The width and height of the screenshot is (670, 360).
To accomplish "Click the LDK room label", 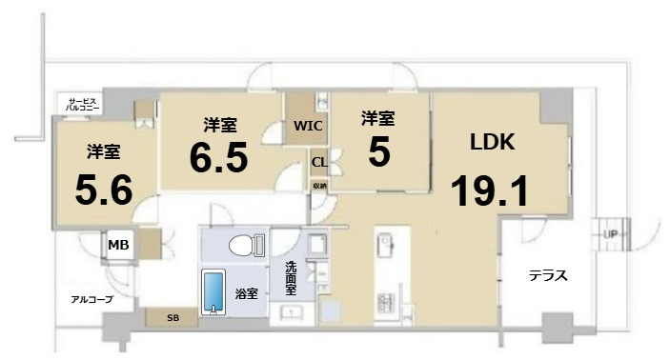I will (493, 144).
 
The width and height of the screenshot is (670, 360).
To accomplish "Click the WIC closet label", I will (308, 125).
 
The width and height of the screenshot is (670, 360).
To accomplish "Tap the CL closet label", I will (319, 161).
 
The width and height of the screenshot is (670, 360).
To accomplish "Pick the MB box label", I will (118, 246).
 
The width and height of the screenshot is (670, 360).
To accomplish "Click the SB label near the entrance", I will (173, 317).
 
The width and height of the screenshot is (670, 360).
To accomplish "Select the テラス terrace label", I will (548, 276).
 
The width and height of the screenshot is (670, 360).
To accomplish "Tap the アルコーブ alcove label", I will (92, 299).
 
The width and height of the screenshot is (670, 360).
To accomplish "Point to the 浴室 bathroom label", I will (247, 294).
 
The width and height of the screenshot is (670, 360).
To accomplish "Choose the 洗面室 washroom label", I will (291, 279).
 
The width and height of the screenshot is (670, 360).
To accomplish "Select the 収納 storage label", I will (319, 185).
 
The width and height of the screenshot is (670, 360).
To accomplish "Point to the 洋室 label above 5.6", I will (103, 150).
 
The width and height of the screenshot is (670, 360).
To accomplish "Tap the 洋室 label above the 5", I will (377, 119).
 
